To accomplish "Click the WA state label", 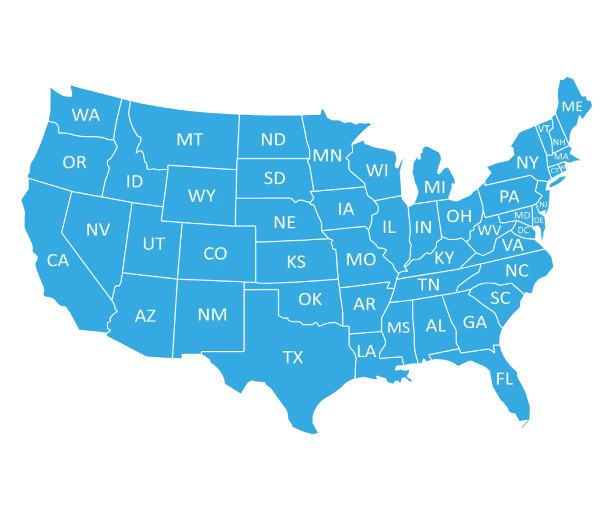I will [86, 115].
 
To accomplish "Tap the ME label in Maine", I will [572, 107].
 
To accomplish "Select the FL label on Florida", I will [505, 379].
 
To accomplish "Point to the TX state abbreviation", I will [293, 358].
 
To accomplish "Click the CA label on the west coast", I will [58, 261].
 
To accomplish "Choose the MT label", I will [189, 140].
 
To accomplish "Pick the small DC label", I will [523, 230].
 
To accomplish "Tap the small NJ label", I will [543, 204].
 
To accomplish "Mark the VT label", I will [544, 129].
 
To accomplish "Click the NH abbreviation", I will [559, 142].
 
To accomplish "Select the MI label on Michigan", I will [435, 188].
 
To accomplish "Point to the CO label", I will [215, 254].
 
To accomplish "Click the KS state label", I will [296, 262].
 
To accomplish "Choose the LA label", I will [366, 351].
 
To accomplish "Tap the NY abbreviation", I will [528, 162].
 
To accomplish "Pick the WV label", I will [489, 231].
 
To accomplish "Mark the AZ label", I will [145, 316].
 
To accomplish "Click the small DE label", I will [539, 220].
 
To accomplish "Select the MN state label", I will [327, 156].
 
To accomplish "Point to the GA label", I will [475, 322].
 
